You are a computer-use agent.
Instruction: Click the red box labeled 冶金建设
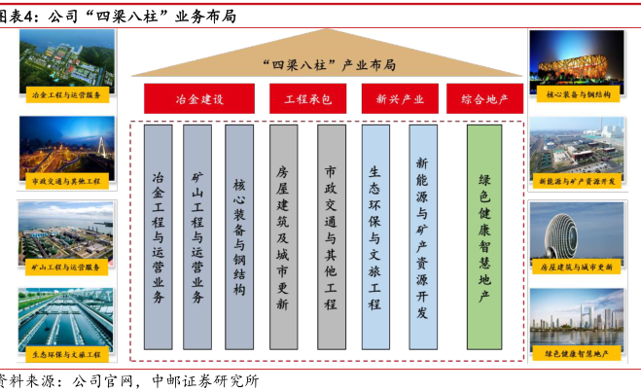pos(199,99)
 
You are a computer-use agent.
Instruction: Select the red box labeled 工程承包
pos(307,99)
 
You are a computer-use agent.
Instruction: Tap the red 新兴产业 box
pos(393,99)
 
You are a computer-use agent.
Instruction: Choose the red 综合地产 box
pos(484,99)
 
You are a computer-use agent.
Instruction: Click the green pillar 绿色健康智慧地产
pos(484,236)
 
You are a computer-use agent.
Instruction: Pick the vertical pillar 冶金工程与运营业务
pos(158,236)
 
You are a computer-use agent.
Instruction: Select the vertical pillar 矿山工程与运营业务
pos(197,236)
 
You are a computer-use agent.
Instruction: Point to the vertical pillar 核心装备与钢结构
pos(239,236)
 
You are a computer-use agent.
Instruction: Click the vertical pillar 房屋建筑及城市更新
pos(283,236)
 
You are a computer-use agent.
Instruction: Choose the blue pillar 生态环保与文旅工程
pos(374,236)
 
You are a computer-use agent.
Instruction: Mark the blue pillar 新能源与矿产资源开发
pos(422,236)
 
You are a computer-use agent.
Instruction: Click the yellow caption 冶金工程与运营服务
pos(66,95)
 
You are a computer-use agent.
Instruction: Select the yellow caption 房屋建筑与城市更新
pos(577,265)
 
